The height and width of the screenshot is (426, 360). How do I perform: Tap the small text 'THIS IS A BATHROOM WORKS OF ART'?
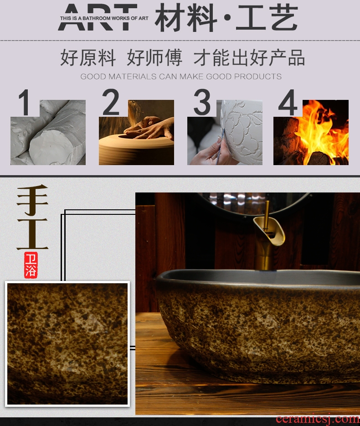(x=104, y=18)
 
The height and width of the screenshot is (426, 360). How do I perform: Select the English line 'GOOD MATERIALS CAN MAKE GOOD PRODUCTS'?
(x=181, y=77)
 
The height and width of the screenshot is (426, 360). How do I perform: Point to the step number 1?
(x=25, y=103)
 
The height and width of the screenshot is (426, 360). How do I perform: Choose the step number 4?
(x=288, y=103)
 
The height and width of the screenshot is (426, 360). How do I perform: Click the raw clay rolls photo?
(x=48, y=132)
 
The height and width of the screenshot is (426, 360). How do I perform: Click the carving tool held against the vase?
(x=220, y=147)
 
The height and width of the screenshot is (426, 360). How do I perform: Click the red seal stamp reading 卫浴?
(x=31, y=265)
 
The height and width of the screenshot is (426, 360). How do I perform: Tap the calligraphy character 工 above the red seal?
(x=32, y=234)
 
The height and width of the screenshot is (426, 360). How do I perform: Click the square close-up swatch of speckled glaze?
(x=67, y=344)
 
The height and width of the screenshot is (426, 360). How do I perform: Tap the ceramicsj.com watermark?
(x=318, y=419)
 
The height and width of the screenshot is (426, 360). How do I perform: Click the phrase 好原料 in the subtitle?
(x=88, y=57)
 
